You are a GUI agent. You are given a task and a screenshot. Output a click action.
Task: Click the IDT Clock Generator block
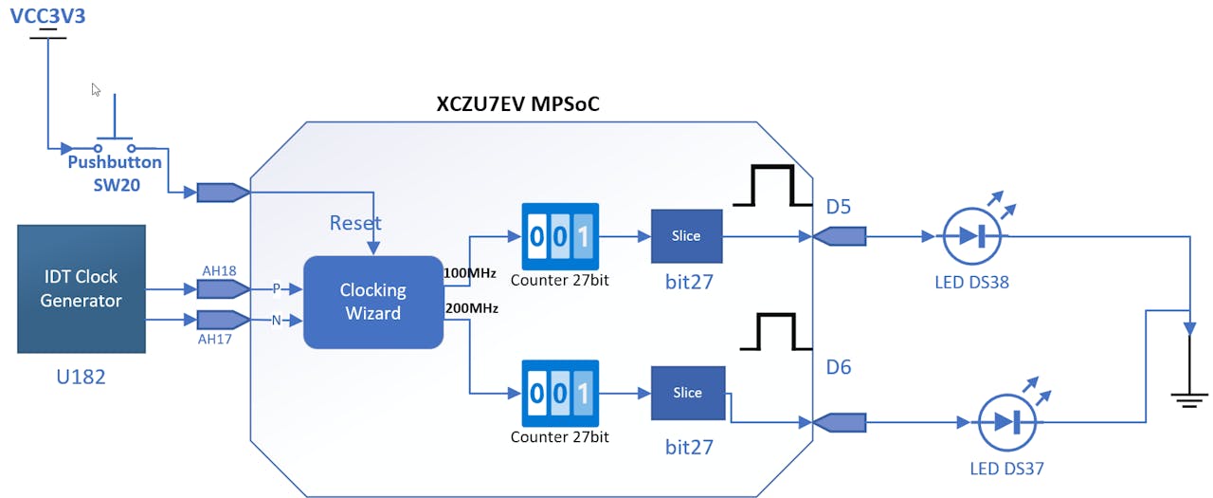click(x=81, y=288)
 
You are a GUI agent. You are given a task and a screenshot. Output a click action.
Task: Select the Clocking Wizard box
click(x=373, y=302)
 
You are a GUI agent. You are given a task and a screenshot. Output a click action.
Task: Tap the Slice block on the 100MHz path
click(x=686, y=235)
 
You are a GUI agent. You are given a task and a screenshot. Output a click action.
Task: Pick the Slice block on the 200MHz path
click(x=687, y=393)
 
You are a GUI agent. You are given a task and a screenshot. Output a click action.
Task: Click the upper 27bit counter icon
click(x=560, y=236)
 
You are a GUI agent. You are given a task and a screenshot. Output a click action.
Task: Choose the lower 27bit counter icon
click(x=560, y=394)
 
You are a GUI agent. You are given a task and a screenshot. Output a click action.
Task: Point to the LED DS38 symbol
click(x=972, y=237)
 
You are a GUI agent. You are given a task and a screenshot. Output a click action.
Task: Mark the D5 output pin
click(x=840, y=235)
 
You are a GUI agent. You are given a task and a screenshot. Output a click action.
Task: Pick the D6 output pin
click(x=840, y=420)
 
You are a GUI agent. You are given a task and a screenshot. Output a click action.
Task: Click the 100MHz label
click(x=469, y=273)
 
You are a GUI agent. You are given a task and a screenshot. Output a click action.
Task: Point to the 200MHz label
click(x=469, y=307)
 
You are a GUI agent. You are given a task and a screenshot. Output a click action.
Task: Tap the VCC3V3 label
click(x=47, y=15)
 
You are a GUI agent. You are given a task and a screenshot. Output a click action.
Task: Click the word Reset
click(x=355, y=223)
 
